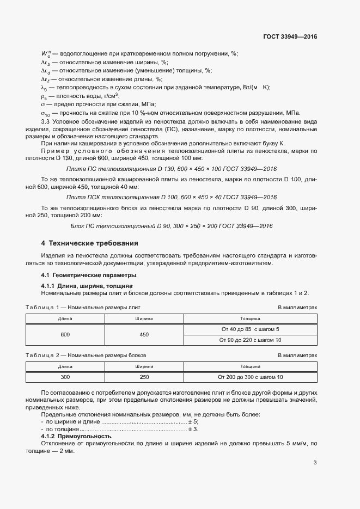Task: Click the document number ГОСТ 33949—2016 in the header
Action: (x=290, y=37)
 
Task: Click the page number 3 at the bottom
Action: (x=315, y=463)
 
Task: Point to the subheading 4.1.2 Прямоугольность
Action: (x=76, y=437)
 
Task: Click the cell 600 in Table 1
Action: (x=65, y=334)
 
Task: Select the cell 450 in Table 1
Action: (x=144, y=334)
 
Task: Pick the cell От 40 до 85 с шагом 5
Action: (x=250, y=329)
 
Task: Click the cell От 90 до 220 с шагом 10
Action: (x=250, y=340)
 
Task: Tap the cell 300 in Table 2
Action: (x=65, y=377)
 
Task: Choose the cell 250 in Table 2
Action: (x=144, y=377)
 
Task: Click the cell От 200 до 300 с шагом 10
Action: (x=250, y=377)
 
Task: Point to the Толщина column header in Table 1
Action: (x=250, y=318)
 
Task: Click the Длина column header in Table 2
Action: (x=65, y=366)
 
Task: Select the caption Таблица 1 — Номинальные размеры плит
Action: (x=83, y=308)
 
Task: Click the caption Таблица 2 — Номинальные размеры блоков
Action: (x=86, y=355)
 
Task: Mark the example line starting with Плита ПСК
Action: (x=171, y=197)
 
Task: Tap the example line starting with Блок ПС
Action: (x=171, y=226)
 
